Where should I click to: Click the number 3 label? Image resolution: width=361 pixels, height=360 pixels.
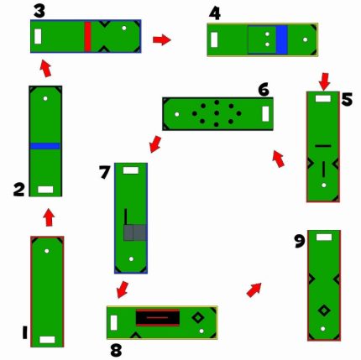pos(39,12)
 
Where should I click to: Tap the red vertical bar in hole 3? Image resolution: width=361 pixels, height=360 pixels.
pos(87,37)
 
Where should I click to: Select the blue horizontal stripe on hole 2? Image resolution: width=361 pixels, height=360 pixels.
pos(45,146)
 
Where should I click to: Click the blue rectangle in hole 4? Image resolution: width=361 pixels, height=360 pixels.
pos(281,39)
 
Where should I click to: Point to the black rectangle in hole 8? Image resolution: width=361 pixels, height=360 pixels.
pos(158,317)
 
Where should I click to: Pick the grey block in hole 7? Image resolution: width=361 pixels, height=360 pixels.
pos(135,232)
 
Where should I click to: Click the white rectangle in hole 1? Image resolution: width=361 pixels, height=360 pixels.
pos(47,340)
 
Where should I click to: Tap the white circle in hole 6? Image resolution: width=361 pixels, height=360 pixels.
pos(177,114)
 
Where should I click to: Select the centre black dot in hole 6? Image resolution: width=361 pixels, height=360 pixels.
pos(217,113)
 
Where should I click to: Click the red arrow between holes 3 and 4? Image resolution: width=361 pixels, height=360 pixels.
pos(162,39)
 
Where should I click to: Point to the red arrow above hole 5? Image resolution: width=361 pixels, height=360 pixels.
pos(324,81)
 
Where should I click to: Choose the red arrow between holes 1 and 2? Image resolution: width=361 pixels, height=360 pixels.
pos(50,217)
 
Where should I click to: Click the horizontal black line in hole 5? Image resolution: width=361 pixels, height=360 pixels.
pos(323,146)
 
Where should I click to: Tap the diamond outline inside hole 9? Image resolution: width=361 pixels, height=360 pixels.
pos(324,310)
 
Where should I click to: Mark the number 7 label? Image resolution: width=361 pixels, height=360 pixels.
pos(105,172)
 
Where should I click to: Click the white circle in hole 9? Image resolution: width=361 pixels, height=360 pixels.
pos(323,329)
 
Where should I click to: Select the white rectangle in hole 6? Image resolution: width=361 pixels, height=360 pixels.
pos(265,114)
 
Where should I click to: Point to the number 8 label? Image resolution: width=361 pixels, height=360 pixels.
pos(116,351)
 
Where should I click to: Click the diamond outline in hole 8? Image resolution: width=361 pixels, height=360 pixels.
pos(198,318)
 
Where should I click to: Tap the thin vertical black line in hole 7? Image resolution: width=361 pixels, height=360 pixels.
pos(126,217)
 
